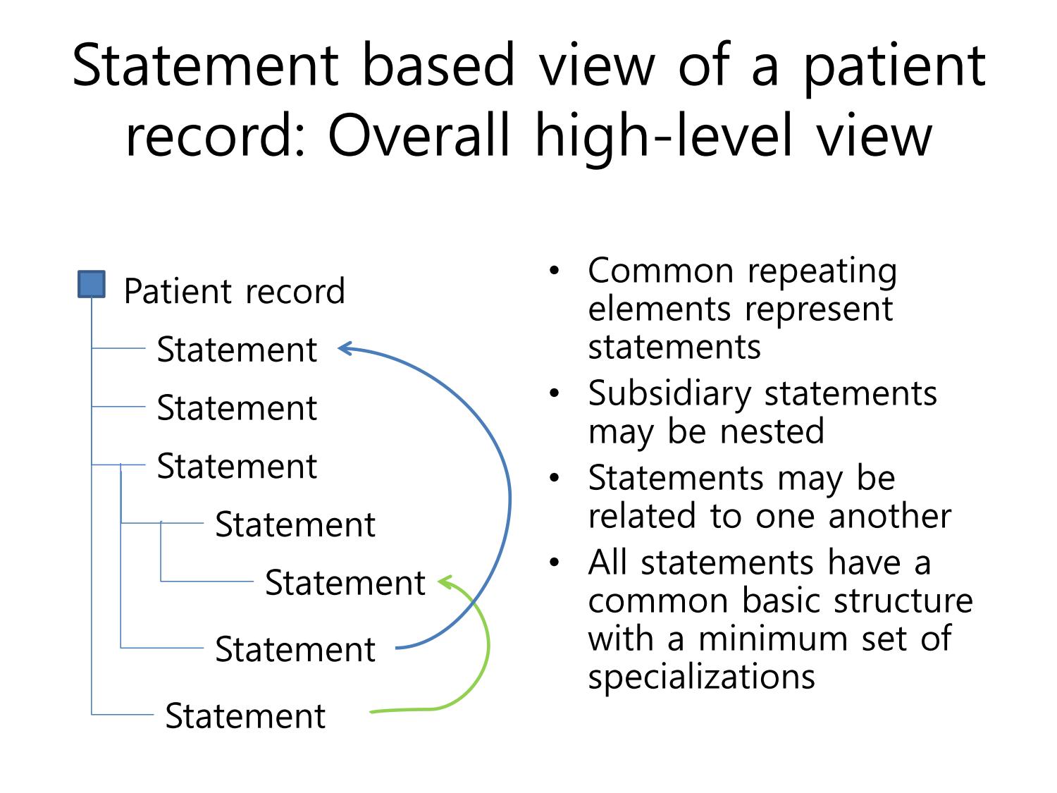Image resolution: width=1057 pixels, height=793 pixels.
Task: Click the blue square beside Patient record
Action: click(92, 284)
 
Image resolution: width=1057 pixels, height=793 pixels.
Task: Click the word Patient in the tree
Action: click(179, 291)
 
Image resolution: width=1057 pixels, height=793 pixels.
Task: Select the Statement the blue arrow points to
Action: click(237, 349)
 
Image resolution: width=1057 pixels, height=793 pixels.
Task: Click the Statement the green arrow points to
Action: click(345, 583)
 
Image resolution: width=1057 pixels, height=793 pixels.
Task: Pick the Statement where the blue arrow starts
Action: click(295, 649)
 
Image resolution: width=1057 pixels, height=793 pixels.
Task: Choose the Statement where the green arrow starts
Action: click(245, 715)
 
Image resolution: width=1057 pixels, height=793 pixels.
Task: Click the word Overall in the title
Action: click(419, 135)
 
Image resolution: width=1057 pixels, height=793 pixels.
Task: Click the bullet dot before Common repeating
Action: click(555, 271)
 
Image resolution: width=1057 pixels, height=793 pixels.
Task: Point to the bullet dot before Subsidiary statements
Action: click(555, 393)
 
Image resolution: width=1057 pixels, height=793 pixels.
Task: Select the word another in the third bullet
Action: click(890, 516)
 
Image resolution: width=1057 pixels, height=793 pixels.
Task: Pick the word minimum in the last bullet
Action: click(773, 639)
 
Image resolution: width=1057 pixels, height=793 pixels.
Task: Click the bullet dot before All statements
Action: click(555, 562)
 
